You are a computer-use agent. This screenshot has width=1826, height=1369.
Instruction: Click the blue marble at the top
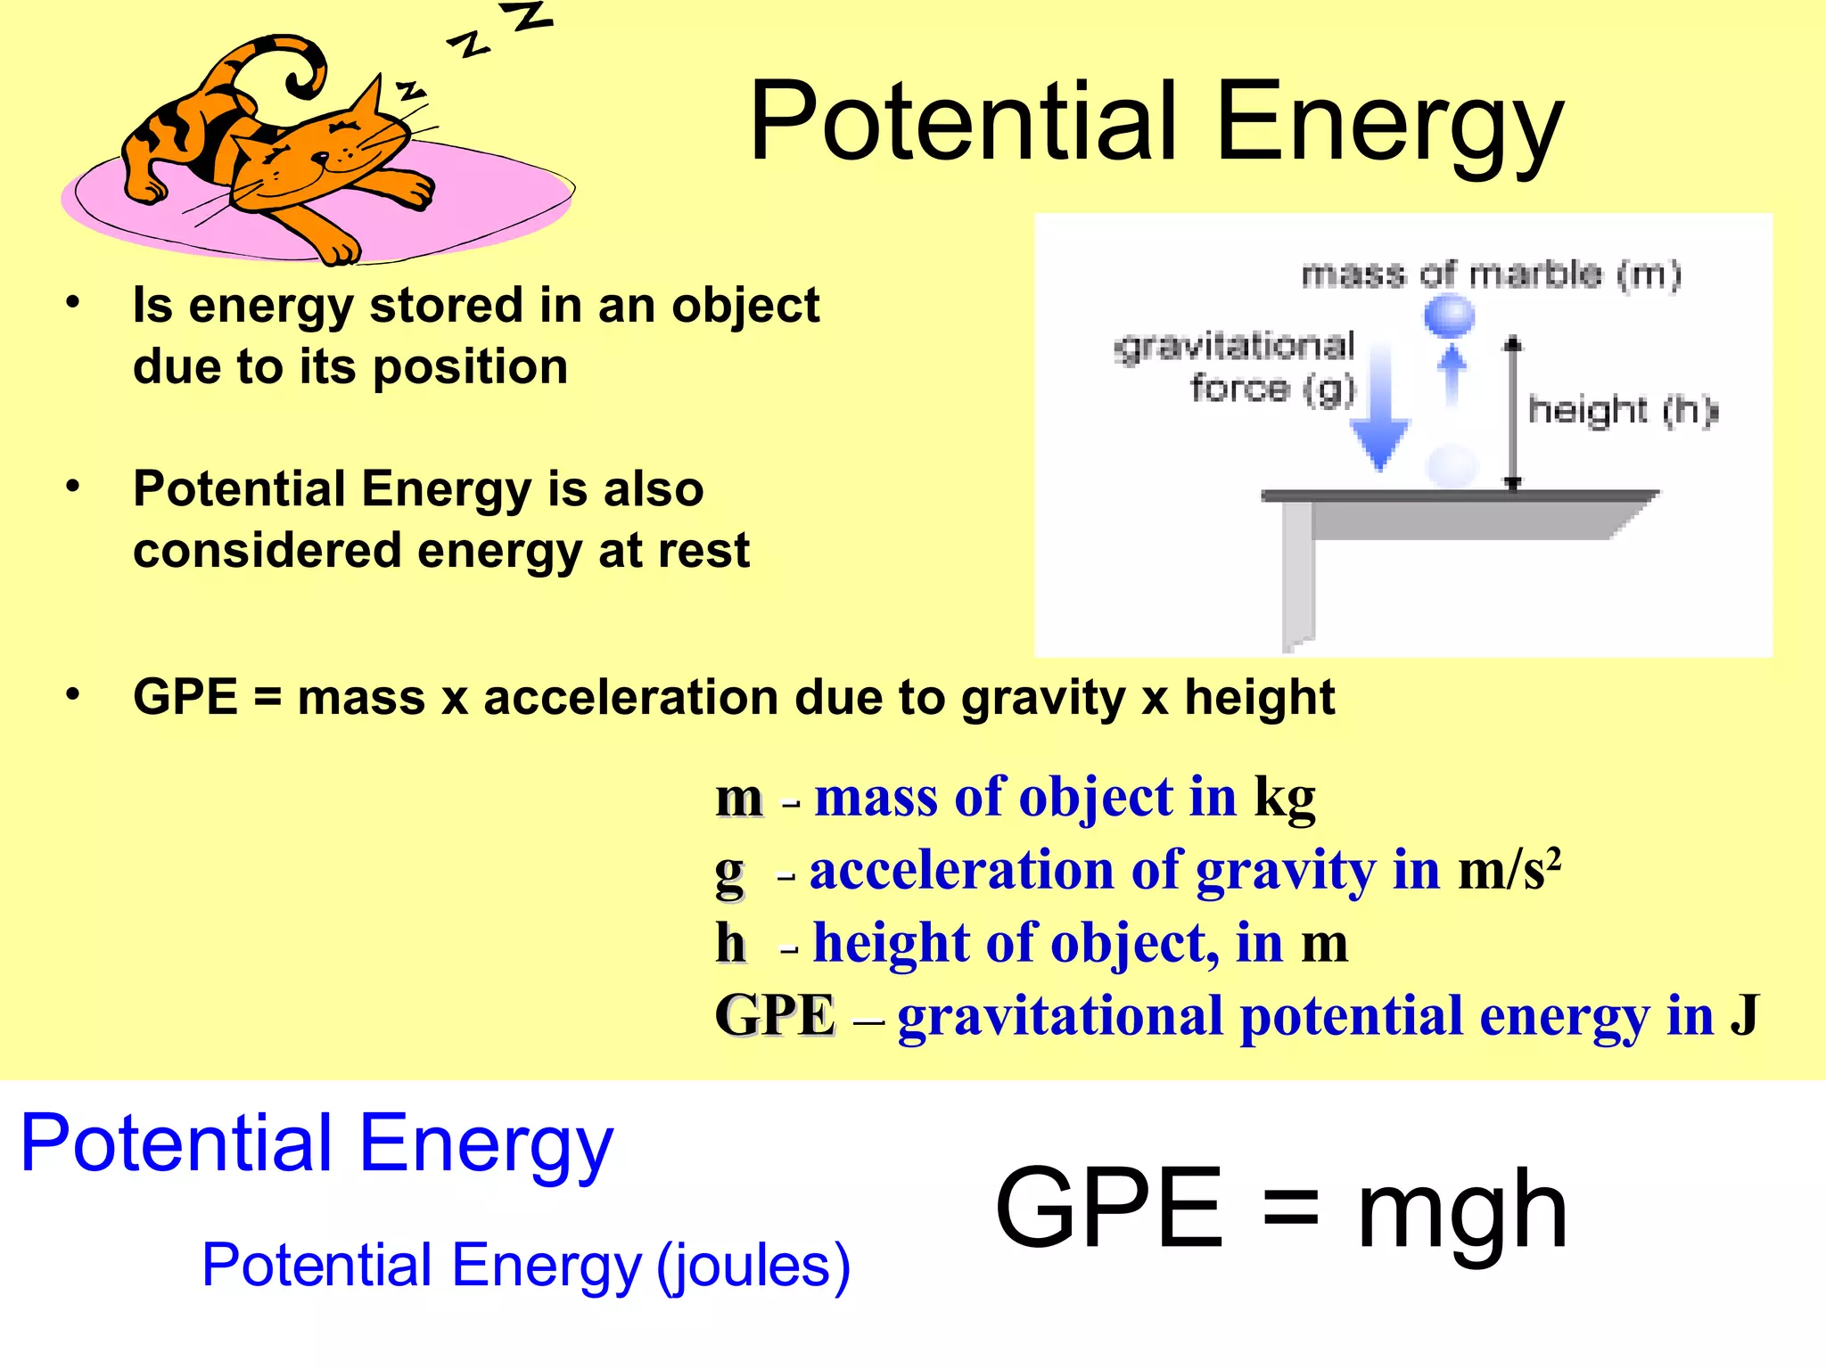point(1449,315)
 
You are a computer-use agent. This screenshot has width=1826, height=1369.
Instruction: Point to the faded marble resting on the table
point(1452,465)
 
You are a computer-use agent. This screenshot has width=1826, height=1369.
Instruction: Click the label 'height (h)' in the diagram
point(1621,410)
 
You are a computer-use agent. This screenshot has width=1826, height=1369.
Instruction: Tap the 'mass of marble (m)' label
point(1491,274)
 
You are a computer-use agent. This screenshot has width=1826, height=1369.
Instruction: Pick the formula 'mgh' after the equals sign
point(1461,1210)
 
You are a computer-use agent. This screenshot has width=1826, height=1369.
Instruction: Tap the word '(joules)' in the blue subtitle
point(753,1266)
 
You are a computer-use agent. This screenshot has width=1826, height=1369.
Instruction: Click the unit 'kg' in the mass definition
point(1285,799)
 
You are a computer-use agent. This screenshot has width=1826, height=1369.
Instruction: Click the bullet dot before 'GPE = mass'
point(73,694)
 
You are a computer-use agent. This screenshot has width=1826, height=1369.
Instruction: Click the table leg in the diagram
point(1297,575)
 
